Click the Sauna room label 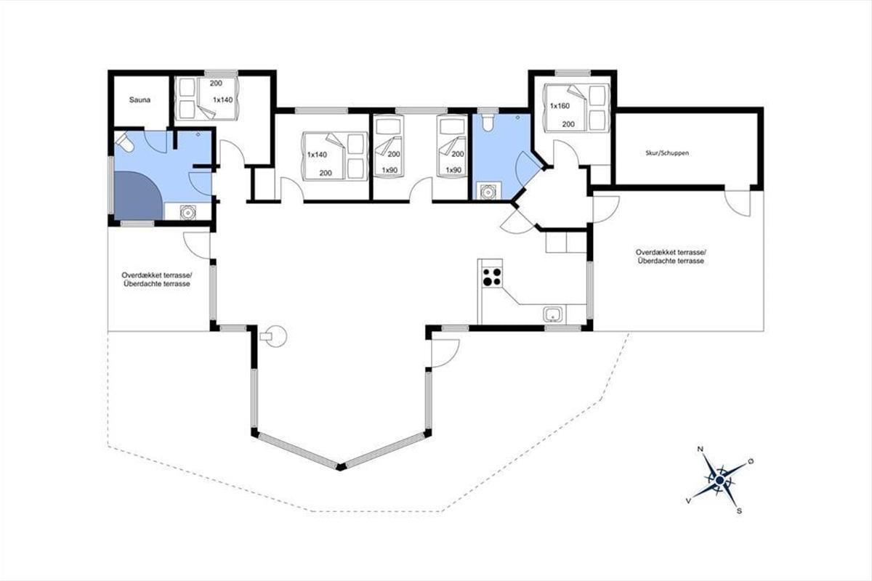(x=140, y=100)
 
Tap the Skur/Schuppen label (x=667, y=153)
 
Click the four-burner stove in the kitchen (x=492, y=277)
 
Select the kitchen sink (x=553, y=314)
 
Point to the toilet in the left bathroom (x=125, y=142)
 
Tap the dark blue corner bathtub (x=137, y=195)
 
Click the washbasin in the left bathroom (x=187, y=212)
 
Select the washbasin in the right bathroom (x=487, y=191)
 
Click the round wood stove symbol (x=275, y=336)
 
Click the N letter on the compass (x=700, y=450)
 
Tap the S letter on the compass (x=739, y=511)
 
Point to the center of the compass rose (x=719, y=481)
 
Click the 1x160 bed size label (x=560, y=106)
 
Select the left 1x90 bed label (x=389, y=170)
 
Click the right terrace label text (x=671, y=256)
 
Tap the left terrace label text (x=157, y=280)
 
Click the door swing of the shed (x=737, y=203)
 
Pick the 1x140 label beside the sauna (x=222, y=100)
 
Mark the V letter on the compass (x=688, y=501)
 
